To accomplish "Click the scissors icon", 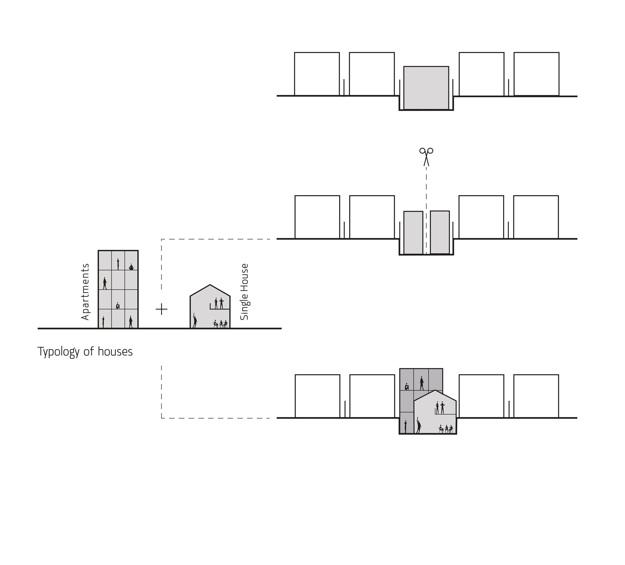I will (x=426, y=156).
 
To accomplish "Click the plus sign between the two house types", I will (x=162, y=309).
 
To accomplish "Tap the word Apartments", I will (x=85, y=292).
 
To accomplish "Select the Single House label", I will (x=244, y=292).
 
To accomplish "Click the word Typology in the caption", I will (x=58, y=352).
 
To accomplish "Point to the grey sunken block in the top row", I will (x=426, y=88).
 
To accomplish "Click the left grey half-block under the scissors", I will (x=413, y=233).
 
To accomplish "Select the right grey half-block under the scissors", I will (x=440, y=232).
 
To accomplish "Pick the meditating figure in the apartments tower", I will (x=131, y=267).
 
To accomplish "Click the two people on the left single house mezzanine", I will (x=219, y=303).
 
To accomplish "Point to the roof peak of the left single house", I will (x=210, y=285).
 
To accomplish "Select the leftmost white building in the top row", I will (x=317, y=74).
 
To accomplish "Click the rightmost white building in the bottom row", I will (x=536, y=396).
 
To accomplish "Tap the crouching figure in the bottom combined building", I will (x=407, y=387).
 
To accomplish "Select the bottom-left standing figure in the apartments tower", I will (x=103, y=322).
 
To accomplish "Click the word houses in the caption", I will (x=115, y=352).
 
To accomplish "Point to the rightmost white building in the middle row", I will (x=536, y=217).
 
